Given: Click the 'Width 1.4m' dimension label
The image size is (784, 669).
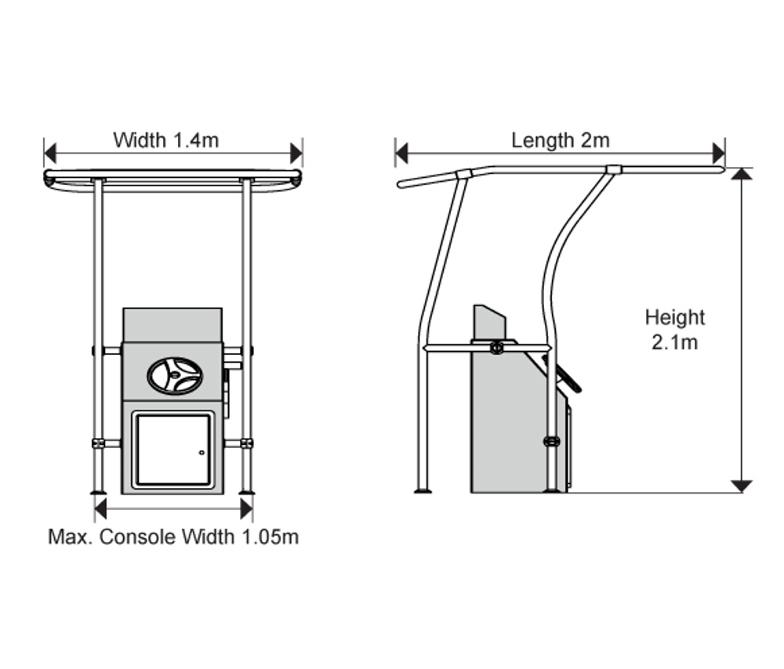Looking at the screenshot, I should [165, 141].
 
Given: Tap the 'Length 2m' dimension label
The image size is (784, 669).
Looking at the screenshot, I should [560, 141].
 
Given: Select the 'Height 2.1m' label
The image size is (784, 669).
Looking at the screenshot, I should [675, 329].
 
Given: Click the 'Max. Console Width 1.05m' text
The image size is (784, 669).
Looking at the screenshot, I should [173, 537].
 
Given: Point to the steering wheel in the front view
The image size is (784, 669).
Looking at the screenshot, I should [175, 375].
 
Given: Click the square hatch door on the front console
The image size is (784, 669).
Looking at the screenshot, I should [172, 450].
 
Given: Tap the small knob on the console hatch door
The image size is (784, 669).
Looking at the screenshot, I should [201, 453].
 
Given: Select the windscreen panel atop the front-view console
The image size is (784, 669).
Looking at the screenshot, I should [172, 324].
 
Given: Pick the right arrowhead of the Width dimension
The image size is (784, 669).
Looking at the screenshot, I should [296, 153].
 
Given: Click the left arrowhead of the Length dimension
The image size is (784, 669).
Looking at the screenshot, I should [401, 153].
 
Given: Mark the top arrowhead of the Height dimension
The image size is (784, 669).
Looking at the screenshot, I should [741, 174].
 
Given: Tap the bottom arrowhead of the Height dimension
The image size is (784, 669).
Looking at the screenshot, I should [741, 486].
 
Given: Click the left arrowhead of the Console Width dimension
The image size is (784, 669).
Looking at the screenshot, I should [100, 509].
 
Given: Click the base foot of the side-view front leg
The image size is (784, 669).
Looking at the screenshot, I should [423, 491].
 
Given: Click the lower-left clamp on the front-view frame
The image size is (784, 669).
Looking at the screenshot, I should [99, 443].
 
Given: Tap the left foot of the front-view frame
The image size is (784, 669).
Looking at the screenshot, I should [99, 491].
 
